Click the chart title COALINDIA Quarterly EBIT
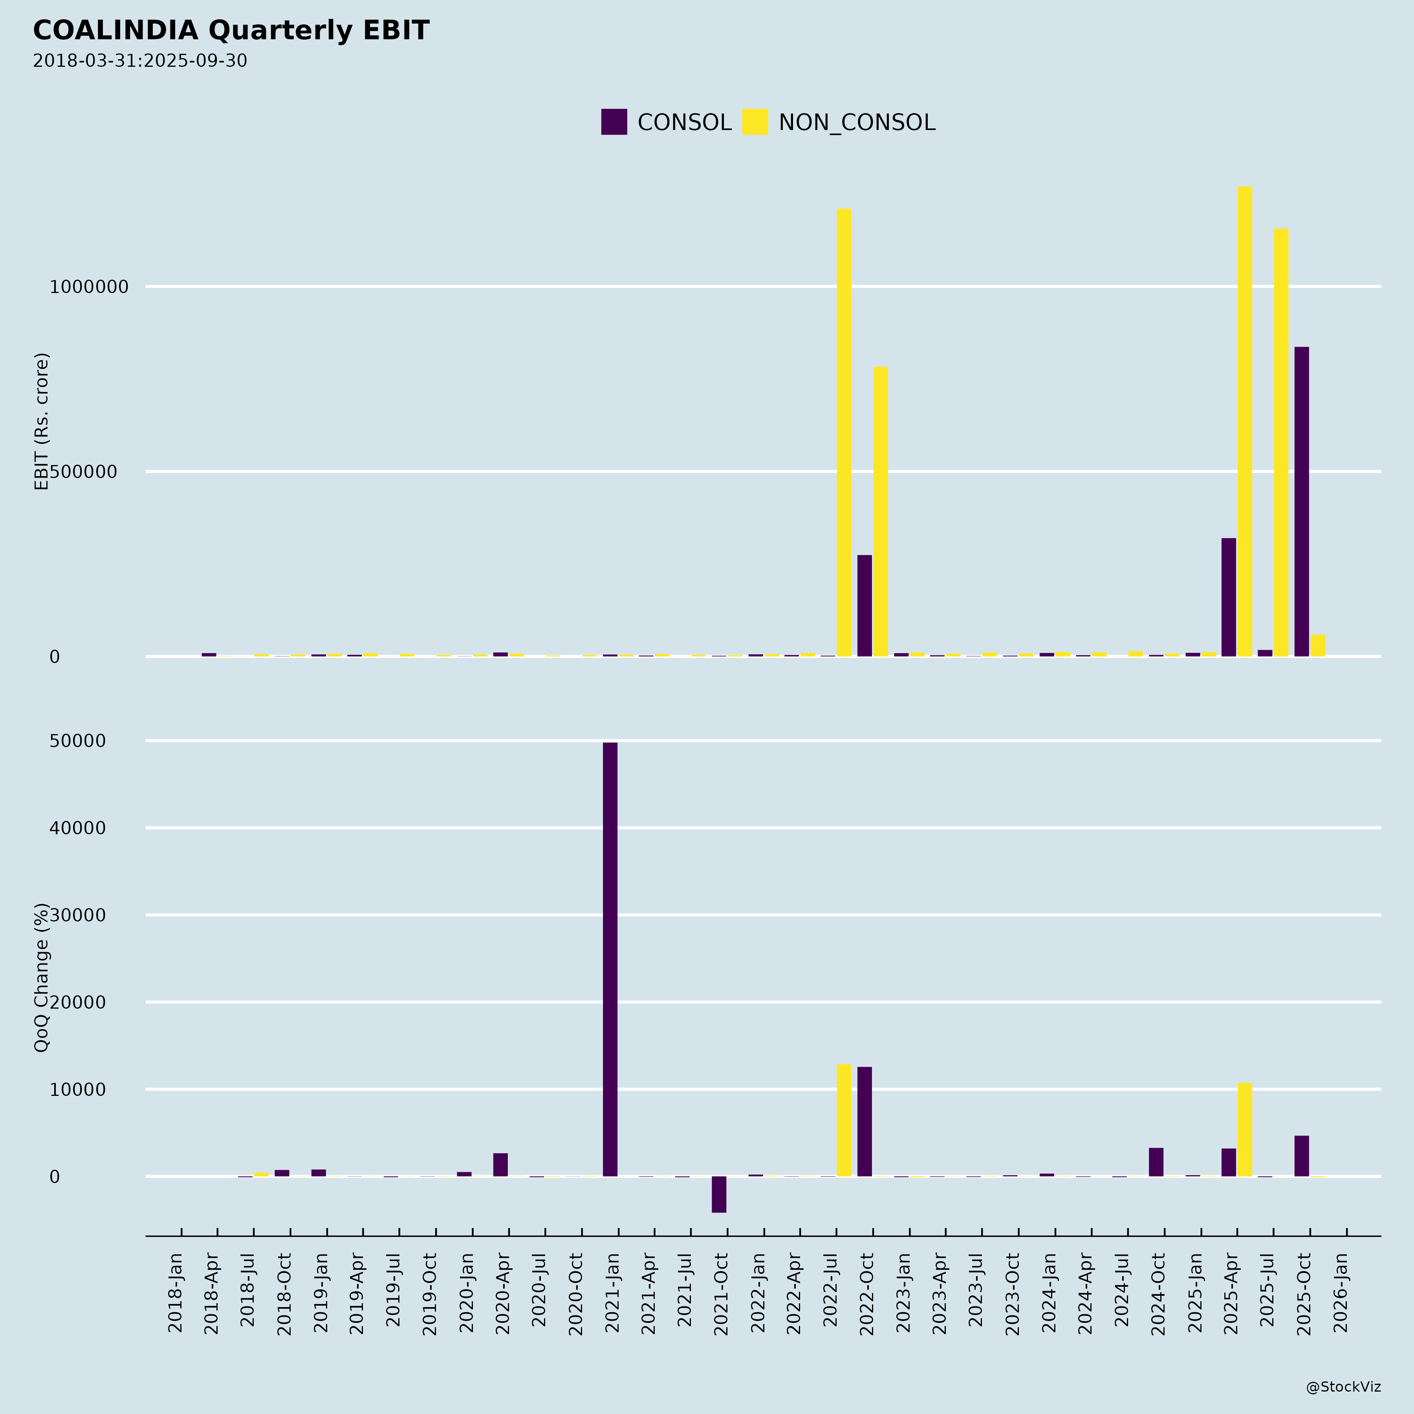[x=231, y=31]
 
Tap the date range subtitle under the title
[x=140, y=61]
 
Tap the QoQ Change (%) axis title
[x=42, y=977]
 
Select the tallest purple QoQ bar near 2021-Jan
[x=610, y=959]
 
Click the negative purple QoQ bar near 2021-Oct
[x=719, y=1194]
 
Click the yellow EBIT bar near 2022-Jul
[x=844, y=432]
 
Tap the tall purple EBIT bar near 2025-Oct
[x=1301, y=501]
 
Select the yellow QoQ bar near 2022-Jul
[x=844, y=1120]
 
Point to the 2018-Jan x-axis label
[x=176, y=1292]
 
